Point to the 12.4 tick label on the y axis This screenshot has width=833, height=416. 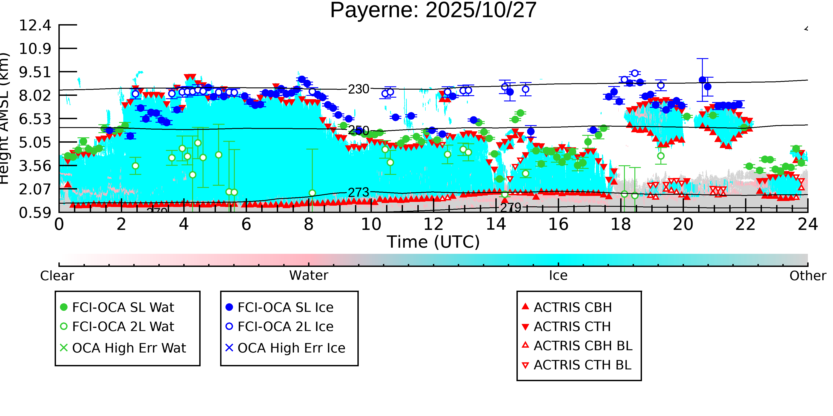35,25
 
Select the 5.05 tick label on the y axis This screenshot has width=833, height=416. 35,142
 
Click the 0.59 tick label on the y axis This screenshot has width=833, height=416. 35,213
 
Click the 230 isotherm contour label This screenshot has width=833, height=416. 358,89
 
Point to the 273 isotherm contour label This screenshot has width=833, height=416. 358,193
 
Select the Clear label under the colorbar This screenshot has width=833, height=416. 57,276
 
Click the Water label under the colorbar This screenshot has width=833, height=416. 309,276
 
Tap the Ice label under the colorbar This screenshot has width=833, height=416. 558,276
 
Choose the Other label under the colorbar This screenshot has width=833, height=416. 807,276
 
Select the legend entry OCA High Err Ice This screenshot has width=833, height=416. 291,348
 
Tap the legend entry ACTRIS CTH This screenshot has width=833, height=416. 572,327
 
